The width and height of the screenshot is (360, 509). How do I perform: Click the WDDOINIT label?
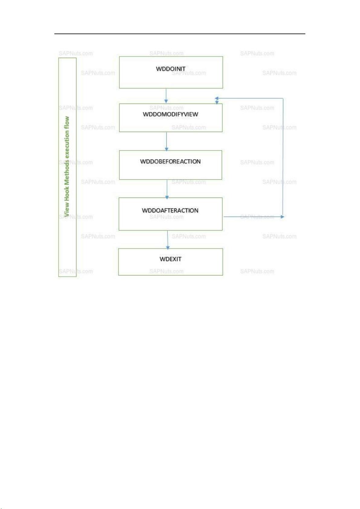pyautogui.click(x=171, y=69)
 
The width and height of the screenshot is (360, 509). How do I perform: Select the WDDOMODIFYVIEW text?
pyautogui.click(x=170, y=114)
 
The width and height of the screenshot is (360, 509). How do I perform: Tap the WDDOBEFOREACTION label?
pyautogui.click(x=170, y=161)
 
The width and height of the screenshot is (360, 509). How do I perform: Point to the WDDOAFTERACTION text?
pyautogui.click(x=170, y=211)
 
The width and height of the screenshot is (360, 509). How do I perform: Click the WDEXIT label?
pyautogui.click(x=170, y=259)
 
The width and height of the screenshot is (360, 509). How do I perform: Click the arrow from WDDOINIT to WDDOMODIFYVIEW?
pyautogui.click(x=166, y=96)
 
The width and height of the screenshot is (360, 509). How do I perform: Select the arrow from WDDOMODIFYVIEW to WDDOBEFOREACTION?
pyautogui.click(x=166, y=141)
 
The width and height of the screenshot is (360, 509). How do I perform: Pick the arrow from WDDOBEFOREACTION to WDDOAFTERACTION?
pyautogui.click(x=167, y=189)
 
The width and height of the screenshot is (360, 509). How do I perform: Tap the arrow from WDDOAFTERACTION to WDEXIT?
pyautogui.click(x=168, y=240)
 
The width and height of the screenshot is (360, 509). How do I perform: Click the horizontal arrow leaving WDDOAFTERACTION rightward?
pyautogui.click(x=254, y=217)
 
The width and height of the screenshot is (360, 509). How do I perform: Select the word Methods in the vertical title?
pyautogui.click(x=66, y=173)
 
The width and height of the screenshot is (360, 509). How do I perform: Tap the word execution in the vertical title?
pyautogui.click(x=66, y=143)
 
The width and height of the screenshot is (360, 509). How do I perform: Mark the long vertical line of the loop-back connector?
pyautogui.click(x=283, y=157)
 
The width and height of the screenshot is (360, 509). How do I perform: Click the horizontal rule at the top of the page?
pyautogui.click(x=180, y=34)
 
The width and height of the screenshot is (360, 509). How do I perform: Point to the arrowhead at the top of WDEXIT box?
pyautogui.click(x=168, y=248)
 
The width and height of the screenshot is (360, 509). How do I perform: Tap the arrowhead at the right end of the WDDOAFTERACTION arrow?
pyautogui.click(x=283, y=217)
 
